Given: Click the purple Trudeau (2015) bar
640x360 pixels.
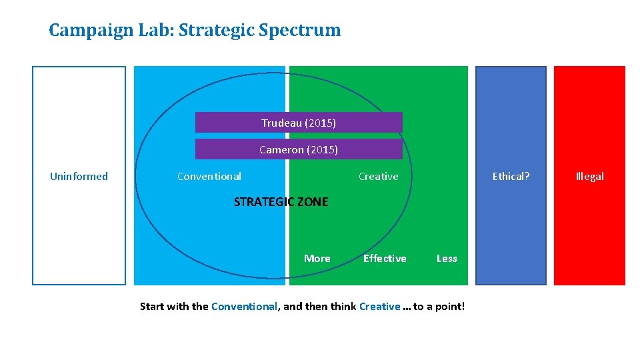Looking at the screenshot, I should pyautogui.click(x=299, y=123).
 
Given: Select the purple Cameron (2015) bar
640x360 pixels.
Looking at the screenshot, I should pyautogui.click(x=299, y=149).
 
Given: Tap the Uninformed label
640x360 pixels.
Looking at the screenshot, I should pyautogui.click(x=79, y=177).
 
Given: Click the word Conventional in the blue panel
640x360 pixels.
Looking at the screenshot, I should pyautogui.click(x=209, y=177).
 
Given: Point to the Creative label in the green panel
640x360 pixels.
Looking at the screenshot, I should pyautogui.click(x=378, y=177).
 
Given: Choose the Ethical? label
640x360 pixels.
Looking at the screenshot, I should pyautogui.click(x=511, y=177).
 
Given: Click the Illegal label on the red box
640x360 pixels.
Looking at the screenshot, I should pyautogui.click(x=589, y=177).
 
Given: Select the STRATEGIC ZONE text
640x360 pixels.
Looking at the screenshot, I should pyautogui.click(x=281, y=202).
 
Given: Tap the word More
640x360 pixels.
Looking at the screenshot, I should pyautogui.click(x=317, y=259).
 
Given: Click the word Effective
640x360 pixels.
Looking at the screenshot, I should pyautogui.click(x=385, y=259).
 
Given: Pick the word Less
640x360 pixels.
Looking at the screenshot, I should pyautogui.click(x=447, y=259).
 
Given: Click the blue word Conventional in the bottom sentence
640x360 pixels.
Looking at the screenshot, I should pyautogui.click(x=244, y=307).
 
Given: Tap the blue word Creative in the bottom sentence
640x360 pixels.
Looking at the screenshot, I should pyautogui.click(x=379, y=307).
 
